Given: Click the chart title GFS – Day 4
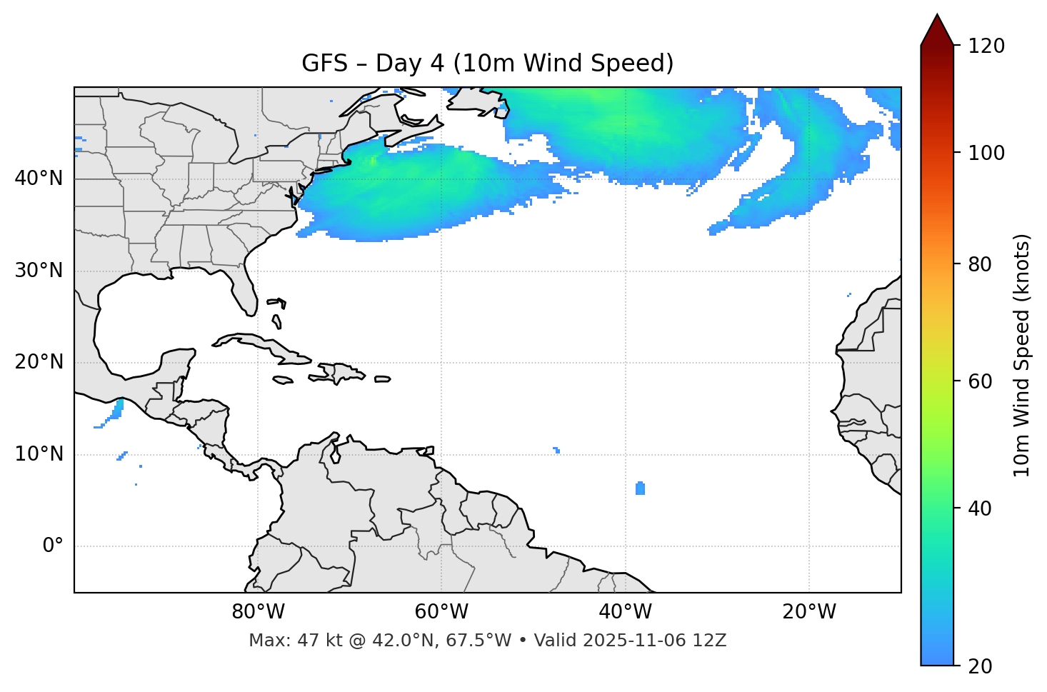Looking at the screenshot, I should (487, 64).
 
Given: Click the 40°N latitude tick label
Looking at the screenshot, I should (39, 179).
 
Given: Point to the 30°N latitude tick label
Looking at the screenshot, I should (39, 271).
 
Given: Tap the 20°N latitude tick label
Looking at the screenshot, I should (39, 362).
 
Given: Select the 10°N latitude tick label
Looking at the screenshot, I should (39, 454).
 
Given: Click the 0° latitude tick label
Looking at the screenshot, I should (53, 546).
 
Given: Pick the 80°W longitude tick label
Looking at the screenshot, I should (258, 612).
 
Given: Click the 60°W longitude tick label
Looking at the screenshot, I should (441, 612).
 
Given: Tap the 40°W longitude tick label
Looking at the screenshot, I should (625, 612).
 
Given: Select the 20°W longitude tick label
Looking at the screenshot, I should (808, 612).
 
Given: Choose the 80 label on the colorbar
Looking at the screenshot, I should (980, 264).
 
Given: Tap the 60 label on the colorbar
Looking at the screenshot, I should (980, 381).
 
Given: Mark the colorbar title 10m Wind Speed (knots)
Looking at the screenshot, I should (1022, 355).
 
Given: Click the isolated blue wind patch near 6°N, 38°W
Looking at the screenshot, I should (640, 488).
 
